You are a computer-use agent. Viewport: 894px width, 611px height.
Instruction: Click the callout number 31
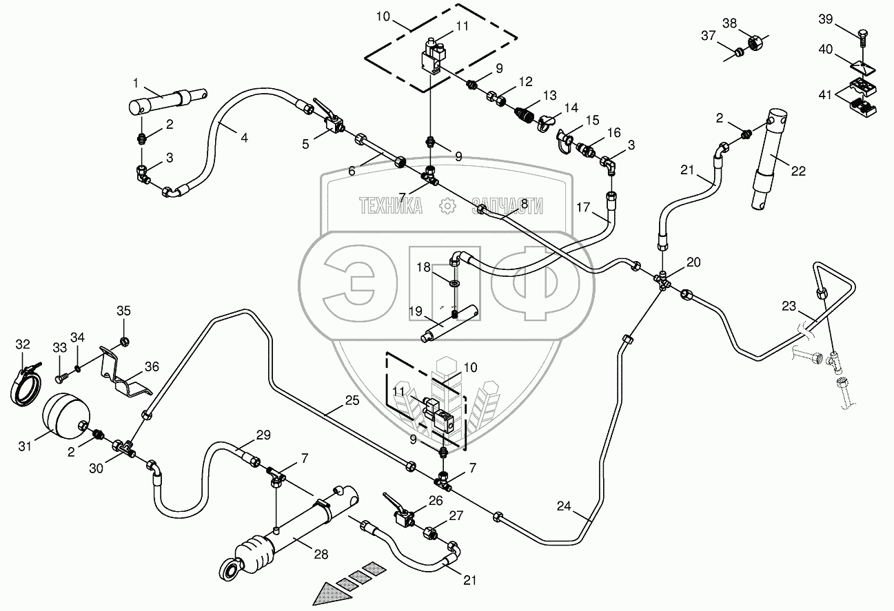25,447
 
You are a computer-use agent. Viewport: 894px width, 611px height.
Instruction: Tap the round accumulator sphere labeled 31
64,416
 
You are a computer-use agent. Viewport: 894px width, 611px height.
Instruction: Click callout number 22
798,171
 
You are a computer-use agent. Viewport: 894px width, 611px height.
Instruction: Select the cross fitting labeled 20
663,280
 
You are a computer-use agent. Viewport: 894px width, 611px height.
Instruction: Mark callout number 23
788,304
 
